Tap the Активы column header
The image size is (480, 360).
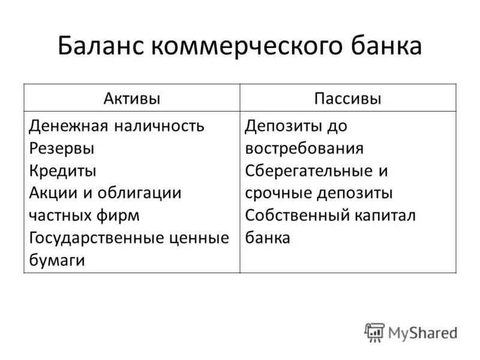tap(132, 98)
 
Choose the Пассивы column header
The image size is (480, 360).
tap(348, 98)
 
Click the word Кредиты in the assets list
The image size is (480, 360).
tap(62, 170)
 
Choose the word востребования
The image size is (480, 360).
tap(304, 148)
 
